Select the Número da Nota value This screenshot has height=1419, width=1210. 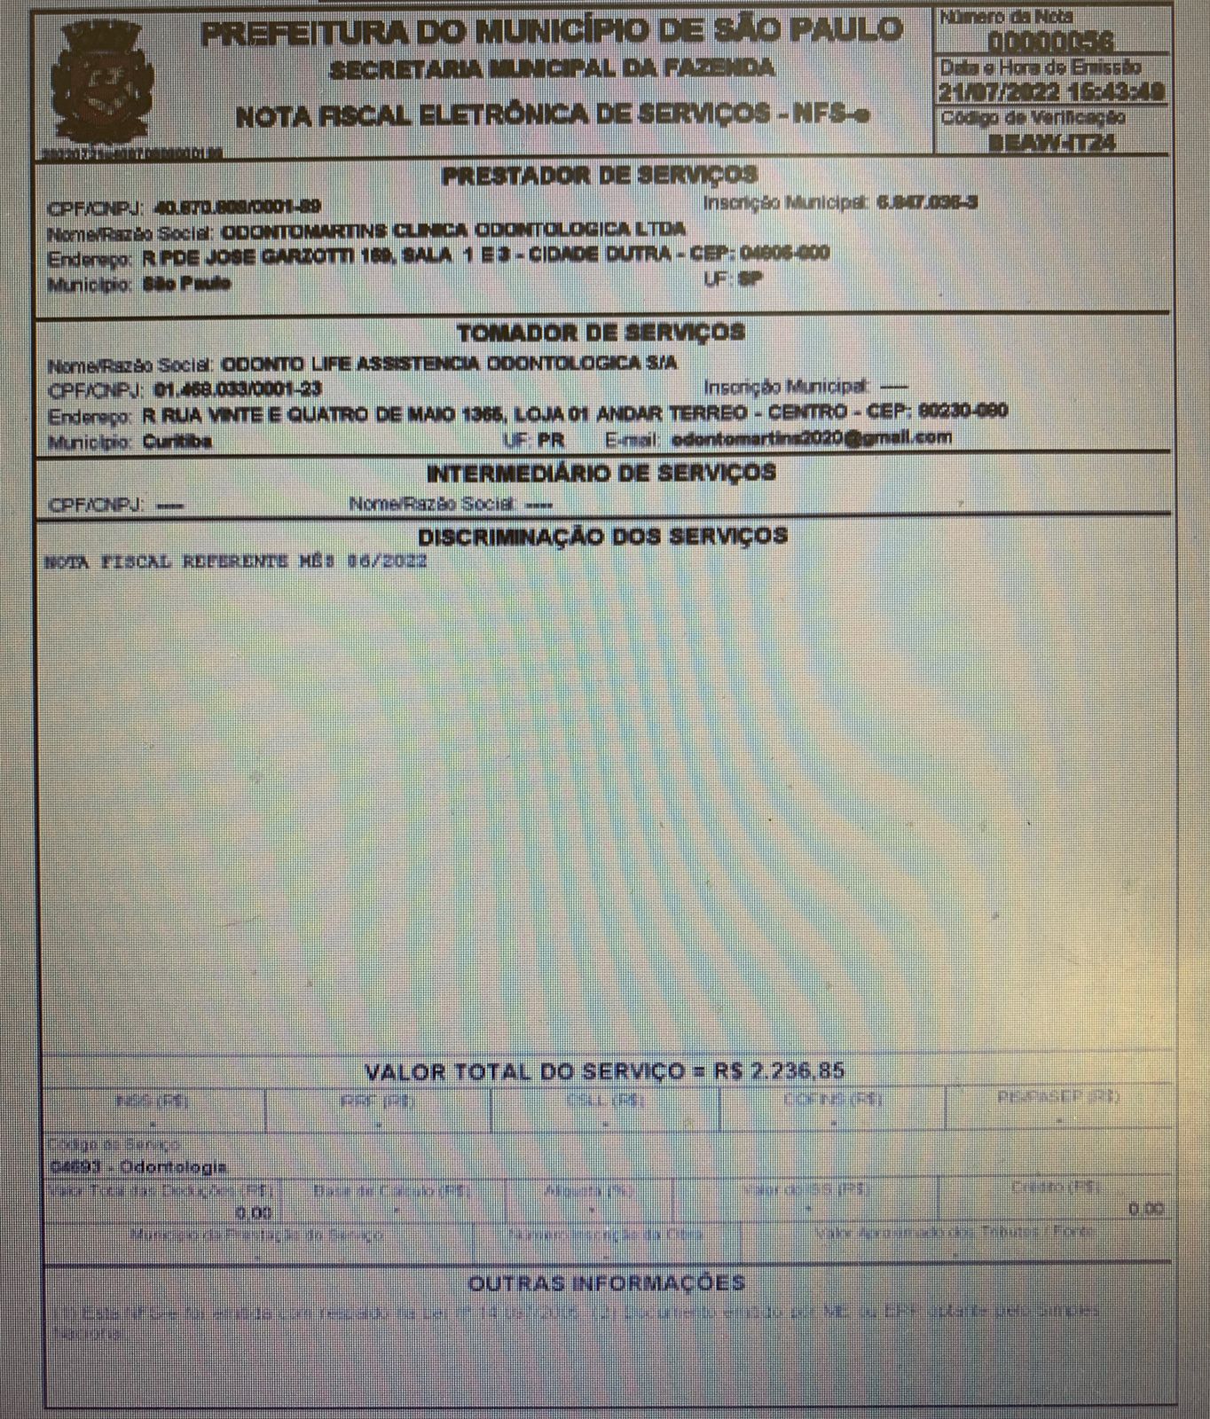1051,41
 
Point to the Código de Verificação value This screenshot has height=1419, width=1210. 1051,142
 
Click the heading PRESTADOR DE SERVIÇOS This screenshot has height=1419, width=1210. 599,176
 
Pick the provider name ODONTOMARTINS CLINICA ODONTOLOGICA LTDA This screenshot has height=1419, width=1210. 452,230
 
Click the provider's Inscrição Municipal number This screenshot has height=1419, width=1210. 927,203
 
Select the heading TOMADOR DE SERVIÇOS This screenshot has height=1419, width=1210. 601,333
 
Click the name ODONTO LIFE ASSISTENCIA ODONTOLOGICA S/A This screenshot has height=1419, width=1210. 448,364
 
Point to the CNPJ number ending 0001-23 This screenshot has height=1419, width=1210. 238,389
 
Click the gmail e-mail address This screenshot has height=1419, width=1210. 811,438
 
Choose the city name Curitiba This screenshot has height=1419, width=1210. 177,442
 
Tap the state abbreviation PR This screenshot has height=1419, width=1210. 550,441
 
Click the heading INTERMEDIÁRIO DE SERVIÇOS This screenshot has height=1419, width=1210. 601,473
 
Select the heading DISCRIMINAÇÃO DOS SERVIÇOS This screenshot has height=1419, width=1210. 602,537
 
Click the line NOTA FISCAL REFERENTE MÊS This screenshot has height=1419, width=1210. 236,561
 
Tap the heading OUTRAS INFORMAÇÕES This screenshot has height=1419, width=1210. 606,1283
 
